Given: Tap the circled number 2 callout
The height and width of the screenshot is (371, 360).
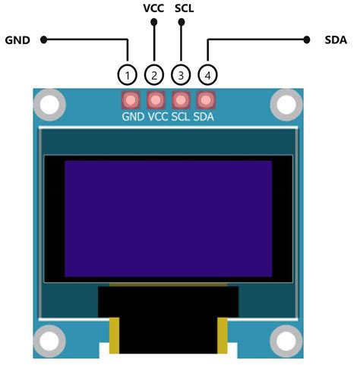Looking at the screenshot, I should [x=154, y=74].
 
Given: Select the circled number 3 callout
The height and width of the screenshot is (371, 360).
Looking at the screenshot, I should [x=180, y=74].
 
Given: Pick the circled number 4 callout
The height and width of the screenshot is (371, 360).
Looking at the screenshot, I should [x=206, y=74].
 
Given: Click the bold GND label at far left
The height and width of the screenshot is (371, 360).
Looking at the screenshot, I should [x=17, y=39].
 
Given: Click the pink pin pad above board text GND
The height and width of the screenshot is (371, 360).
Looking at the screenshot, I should [x=131, y=100].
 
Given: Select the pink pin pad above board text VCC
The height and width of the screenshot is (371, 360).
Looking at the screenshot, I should [x=156, y=100].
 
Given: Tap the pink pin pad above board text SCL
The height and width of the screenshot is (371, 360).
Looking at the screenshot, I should [x=181, y=100].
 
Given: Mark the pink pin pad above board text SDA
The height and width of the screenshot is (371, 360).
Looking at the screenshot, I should [x=205, y=100].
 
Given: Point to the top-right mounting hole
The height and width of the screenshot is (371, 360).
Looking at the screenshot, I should [x=286, y=103].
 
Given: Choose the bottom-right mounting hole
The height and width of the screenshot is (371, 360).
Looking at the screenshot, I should [x=286, y=339].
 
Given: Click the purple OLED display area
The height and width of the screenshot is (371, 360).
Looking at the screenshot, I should [x=168, y=219].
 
